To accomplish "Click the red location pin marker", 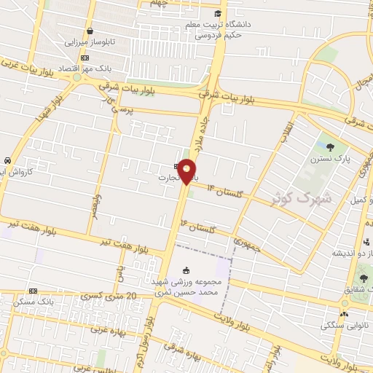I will (187, 171).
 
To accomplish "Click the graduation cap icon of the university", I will (218, 12).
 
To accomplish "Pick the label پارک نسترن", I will (337, 158).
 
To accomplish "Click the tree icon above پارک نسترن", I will (329, 146).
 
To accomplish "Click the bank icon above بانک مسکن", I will (32, 290).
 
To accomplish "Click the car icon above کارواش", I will (7, 160).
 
